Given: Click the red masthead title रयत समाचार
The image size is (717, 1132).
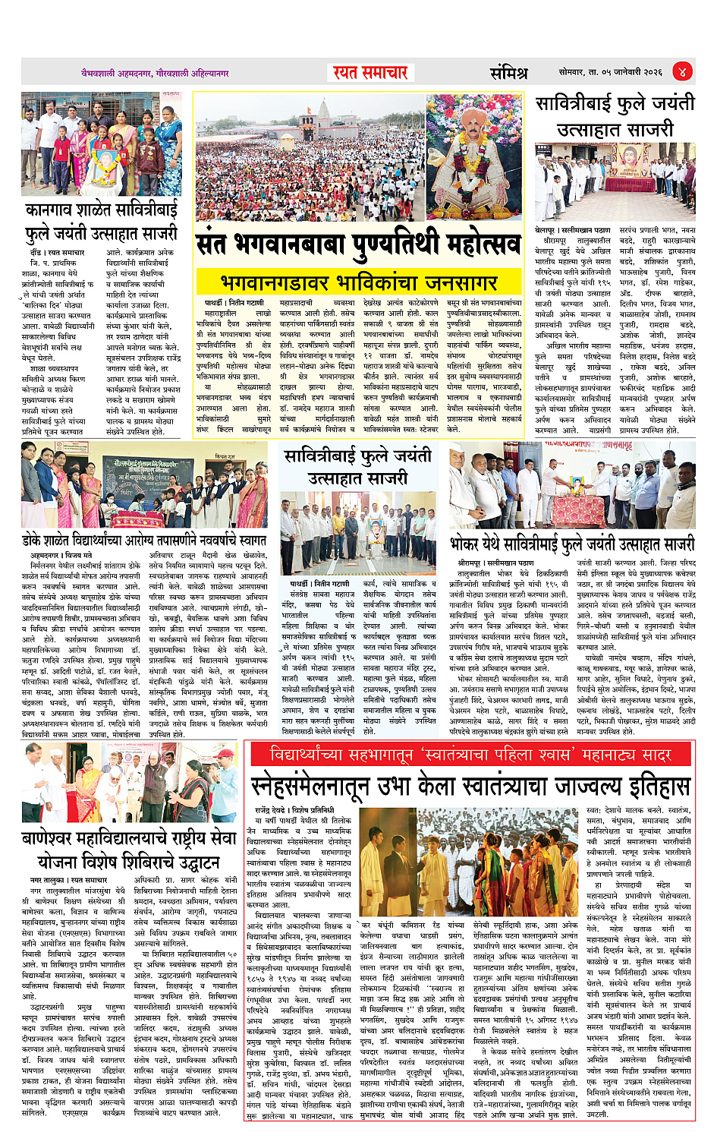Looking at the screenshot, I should [370, 73].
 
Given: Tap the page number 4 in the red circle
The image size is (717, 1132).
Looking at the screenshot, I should [681, 72].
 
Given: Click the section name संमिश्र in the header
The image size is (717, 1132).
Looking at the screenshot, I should [508, 73].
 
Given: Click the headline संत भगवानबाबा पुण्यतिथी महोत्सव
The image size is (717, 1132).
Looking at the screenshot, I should [358, 244].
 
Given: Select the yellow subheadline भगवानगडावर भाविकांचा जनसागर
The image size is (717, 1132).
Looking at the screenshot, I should [358, 283].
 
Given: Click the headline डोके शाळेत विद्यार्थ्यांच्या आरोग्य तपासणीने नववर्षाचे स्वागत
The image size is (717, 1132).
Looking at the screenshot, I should [144, 540].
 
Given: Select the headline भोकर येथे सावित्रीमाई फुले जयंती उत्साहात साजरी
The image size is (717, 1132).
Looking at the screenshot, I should [571, 544].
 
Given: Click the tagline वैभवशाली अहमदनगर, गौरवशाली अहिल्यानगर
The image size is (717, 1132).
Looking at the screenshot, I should [155, 74].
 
